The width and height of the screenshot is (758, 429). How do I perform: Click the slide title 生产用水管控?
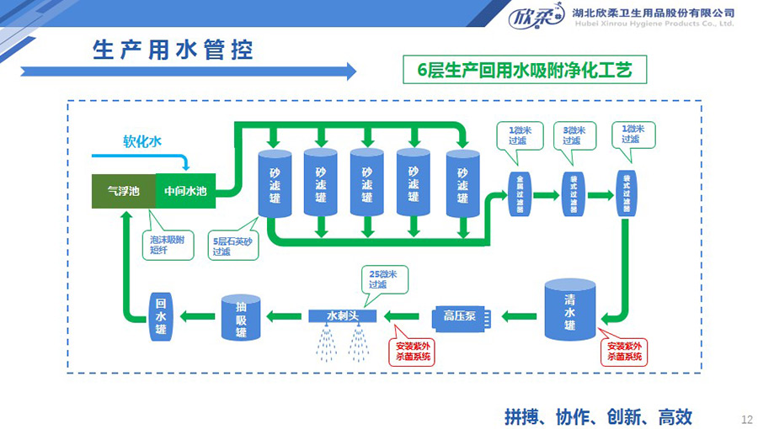tap(173, 49)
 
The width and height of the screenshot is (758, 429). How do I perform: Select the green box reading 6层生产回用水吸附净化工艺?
tap(525, 69)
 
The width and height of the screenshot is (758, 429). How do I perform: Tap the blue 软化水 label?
tap(141, 141)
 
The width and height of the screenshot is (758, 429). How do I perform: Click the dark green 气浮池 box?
tap(123, 191)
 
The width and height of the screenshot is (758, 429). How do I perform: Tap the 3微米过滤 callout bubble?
tap(574, 135)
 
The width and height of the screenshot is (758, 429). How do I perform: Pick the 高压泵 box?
tap(460, 316)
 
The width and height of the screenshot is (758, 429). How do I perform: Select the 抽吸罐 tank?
tap(240, 317)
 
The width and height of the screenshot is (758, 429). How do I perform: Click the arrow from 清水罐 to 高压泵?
tap(520, 316)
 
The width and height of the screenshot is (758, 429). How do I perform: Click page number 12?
tap(745, 418)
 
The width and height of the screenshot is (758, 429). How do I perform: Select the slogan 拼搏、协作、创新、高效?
tap(598, 416)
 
